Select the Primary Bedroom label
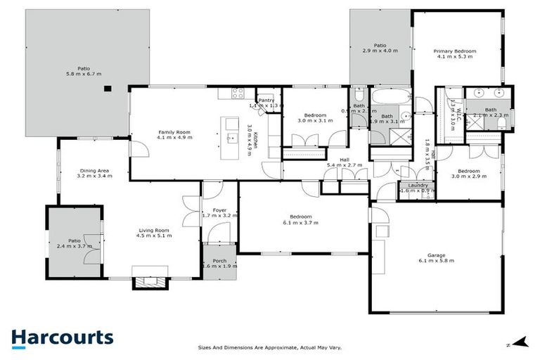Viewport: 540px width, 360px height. click(454, 51)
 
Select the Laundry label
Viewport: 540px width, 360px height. click(417, 185)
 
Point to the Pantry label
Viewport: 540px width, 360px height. click(266, 101)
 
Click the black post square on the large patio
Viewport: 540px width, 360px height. click(108, 89)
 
